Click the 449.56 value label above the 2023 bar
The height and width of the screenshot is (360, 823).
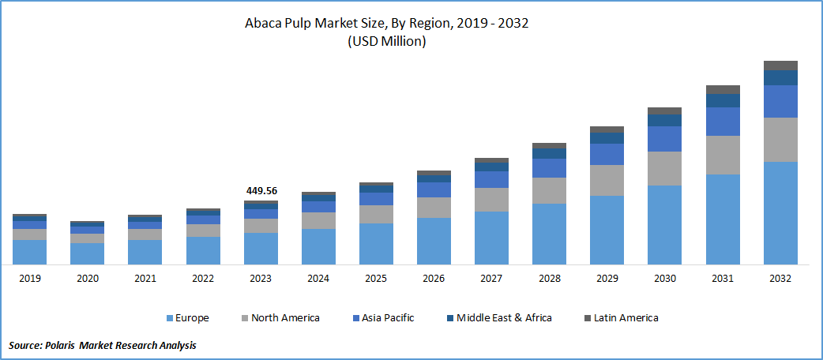[261, 191]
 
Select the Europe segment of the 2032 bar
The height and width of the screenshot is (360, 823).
[780, 212]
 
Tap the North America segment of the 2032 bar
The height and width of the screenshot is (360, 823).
[780, 140]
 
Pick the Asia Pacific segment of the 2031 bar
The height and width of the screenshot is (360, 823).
[723, 121]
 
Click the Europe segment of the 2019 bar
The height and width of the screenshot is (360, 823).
[29, 252]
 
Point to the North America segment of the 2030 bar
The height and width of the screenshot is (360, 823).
[664, 168]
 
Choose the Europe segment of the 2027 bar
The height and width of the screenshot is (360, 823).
[491, 238]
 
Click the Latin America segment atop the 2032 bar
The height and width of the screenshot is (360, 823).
[780, 66]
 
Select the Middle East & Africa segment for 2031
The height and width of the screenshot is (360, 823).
[723, 100]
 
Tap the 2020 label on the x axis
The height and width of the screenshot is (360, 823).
[87, 279]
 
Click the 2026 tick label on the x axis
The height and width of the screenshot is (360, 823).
[434, 279]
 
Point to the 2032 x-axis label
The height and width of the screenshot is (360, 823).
[780, 279]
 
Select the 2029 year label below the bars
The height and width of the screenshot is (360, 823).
[607, 279]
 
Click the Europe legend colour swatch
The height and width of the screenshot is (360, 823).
[170, 318]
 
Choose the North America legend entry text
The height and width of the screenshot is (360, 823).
[285, 318]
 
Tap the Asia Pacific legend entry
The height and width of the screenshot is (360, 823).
[388, 318]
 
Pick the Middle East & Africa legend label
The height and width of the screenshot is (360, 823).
[504, 318]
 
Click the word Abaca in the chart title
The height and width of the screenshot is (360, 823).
[265, 23]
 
